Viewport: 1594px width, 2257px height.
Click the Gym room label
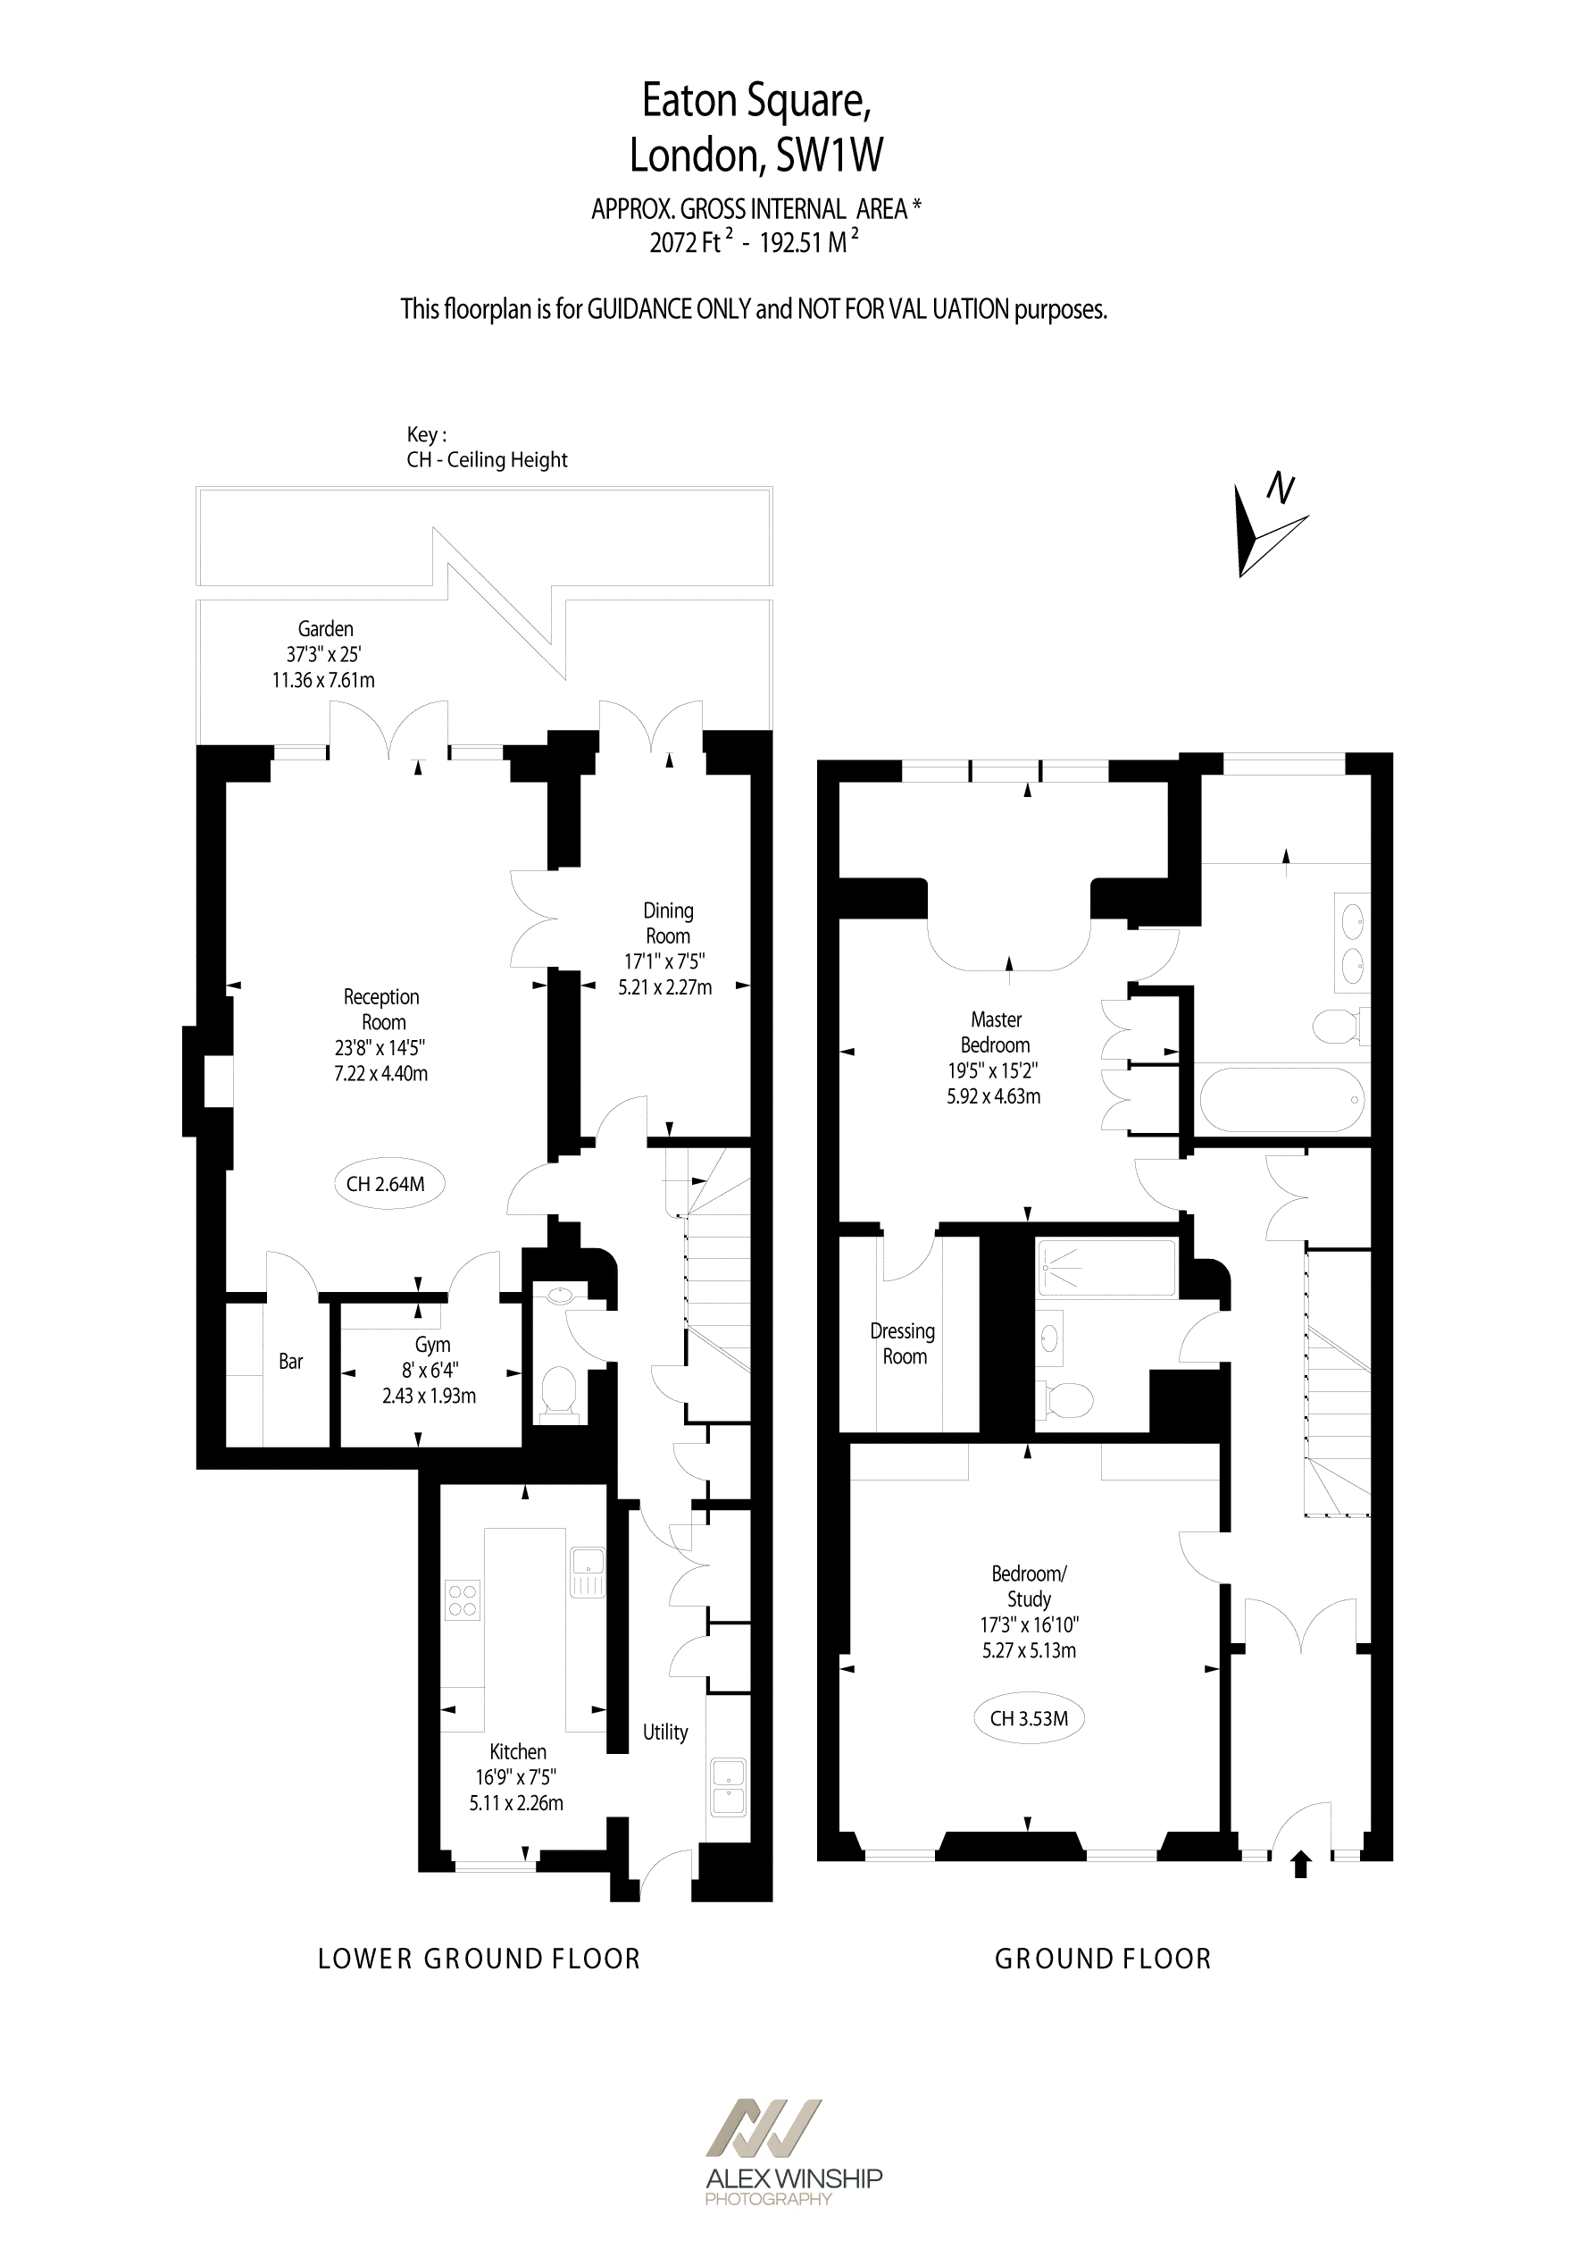[x=432, y=1345]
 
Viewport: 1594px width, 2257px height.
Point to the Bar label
[x=291, y=1362]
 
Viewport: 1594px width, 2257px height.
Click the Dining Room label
[x=667, y=923]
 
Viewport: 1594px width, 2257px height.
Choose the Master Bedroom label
[x=996, y=1032]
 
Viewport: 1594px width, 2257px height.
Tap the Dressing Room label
[x=903, y=1344]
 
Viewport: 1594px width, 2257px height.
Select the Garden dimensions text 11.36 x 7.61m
[x=323, y=680]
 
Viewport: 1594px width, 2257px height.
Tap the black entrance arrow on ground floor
[x=1301, y=1865]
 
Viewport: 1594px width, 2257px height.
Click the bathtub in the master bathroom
[x=1281, y=1100]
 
